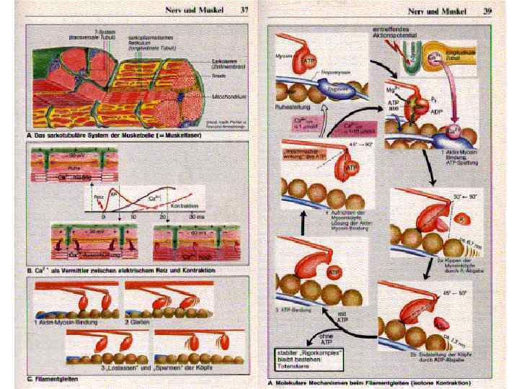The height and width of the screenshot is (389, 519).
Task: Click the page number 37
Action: click(244, 9)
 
